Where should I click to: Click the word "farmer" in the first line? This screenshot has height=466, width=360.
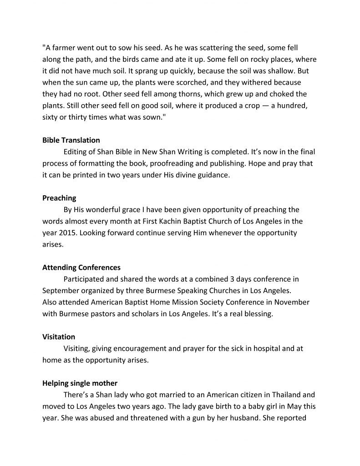[x=66, y=47]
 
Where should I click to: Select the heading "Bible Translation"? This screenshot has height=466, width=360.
[x=71, y=140]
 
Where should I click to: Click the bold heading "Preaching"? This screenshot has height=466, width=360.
[x=59, y=198]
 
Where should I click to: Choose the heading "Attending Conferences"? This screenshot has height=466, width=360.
[x=81, y=268]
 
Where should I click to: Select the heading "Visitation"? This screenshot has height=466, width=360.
[x=59, y=337]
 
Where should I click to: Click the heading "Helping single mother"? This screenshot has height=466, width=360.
[x=80, y=384]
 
